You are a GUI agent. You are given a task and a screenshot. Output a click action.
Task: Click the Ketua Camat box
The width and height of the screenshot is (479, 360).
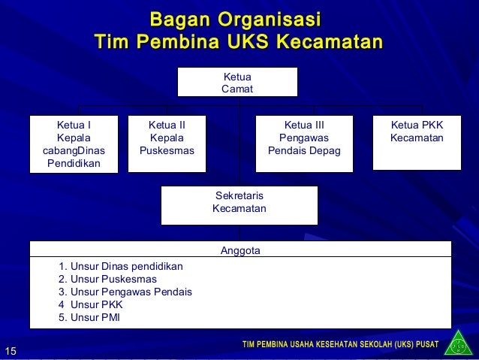click(237, 82)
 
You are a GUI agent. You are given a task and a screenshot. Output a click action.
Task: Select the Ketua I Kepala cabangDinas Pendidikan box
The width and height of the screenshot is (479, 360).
click(74, 143)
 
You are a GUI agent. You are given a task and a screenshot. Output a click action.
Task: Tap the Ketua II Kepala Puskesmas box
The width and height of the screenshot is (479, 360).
click(167, 139)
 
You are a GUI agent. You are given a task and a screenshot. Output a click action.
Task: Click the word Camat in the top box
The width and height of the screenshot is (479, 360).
click(237, 89)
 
